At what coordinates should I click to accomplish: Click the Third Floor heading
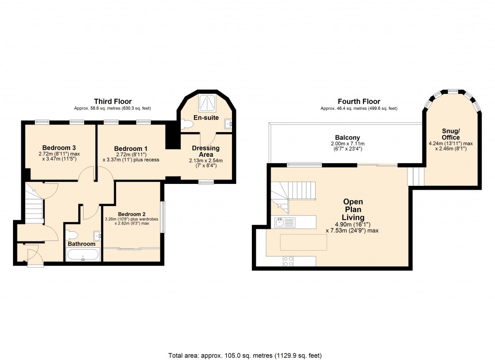[110, 101]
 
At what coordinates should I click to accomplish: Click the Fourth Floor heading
[359, 101]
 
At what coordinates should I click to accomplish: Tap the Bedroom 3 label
[59, 148]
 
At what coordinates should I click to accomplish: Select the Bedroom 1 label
[131, 149]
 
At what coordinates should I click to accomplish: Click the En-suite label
[206, 118]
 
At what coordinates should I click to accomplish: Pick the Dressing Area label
[205, 151]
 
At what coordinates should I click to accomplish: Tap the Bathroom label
[81, 244]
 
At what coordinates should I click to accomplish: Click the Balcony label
[348, 138]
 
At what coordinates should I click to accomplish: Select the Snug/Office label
[451, 134]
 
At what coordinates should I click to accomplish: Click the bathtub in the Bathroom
[83, 255]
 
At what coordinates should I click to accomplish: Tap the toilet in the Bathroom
[72, 235]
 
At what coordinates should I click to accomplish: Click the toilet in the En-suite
[187, 125]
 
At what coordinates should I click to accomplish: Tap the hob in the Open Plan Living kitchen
[288, 261]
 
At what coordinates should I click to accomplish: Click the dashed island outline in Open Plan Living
[303, 242]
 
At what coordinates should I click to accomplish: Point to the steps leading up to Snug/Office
[415, 177]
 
